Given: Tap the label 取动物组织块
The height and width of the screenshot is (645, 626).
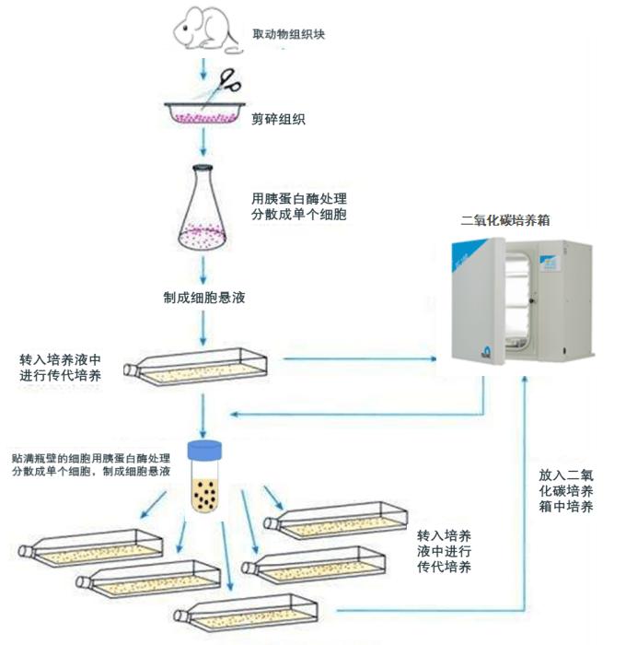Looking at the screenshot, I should click(x=288, y=35).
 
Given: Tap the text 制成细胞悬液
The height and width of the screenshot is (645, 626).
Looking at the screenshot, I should click(x=203, y=298).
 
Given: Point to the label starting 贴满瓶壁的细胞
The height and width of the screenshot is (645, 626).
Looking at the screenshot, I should click(x=90, y=457).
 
